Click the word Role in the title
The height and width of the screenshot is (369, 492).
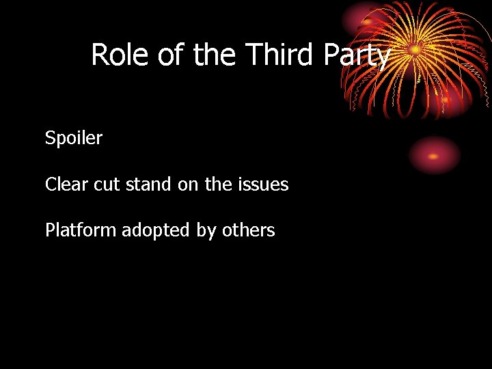tap(120, 55)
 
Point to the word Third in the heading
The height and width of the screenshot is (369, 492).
tap(279, 55)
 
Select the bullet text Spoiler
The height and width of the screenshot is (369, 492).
tap(74, 138)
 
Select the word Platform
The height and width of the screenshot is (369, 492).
tap(81, 231)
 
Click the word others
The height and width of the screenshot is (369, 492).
tap(248, 231)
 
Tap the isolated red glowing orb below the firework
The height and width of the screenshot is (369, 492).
tap(434, 154)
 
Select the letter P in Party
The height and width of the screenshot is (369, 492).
tap(331, 55)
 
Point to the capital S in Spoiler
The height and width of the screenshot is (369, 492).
tap(50, 138)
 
